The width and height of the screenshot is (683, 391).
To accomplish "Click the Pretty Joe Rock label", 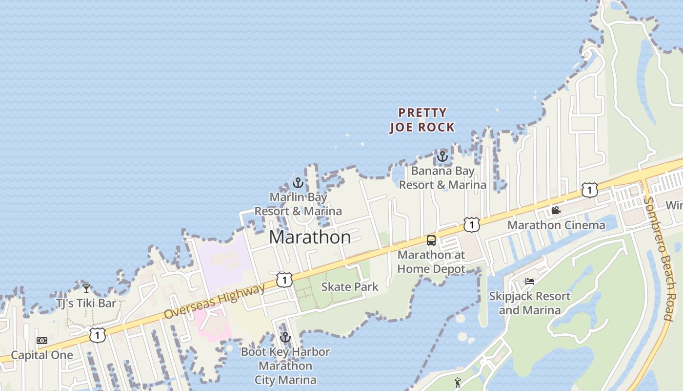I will click(422, 120).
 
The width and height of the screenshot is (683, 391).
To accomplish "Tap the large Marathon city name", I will click(310, 238).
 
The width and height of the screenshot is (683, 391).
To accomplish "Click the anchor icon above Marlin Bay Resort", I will click(298, 183).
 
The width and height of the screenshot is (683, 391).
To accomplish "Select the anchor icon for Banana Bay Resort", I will click(442, 156).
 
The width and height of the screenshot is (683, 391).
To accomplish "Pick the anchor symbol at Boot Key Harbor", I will click(285, 337).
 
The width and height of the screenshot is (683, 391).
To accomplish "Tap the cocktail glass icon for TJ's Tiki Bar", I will click(86, 289).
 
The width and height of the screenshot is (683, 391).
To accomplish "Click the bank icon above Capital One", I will click(42, 341).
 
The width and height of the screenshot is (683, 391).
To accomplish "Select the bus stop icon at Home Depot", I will click(431, 240).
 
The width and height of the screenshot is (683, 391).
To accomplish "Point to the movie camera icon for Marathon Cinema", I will click(556, 211).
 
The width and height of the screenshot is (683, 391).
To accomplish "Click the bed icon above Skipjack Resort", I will click(530, 282).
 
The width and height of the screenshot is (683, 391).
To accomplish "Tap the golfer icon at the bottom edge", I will click(458, 383).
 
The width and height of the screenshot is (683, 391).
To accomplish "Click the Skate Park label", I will click(349, 287).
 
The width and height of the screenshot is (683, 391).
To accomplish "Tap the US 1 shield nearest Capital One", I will click(98, 335).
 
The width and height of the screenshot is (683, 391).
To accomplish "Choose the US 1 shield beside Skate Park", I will click(284, 280).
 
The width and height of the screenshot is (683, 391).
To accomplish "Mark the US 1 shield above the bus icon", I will click(472, 224).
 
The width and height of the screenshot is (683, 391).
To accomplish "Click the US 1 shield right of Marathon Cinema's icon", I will click(590, 190).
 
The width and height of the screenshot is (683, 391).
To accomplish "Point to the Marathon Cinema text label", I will click(556, 225).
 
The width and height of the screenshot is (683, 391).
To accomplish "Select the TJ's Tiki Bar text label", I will click(86, 304).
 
